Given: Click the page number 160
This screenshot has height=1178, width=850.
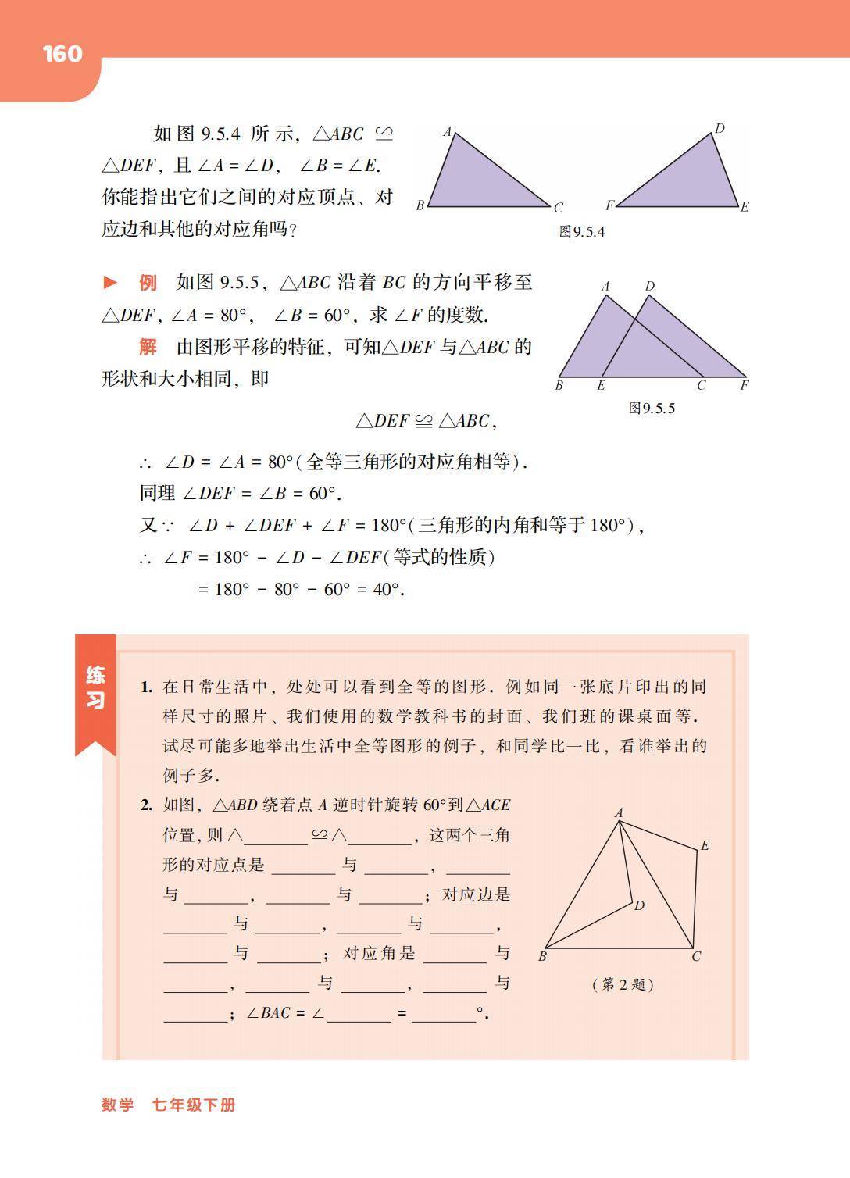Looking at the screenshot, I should pyautogui.click(x=62, y=54).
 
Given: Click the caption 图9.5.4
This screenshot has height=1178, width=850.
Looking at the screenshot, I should pyautogui.click(x=582, y=232).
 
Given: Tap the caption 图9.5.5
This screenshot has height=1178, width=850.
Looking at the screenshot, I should pyautogui.click(x=652, y=409).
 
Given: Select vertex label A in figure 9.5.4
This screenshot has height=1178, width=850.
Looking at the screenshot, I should pyautogui.click(x=448, y=132).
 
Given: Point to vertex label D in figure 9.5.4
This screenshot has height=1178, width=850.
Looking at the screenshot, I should pyautogui.click(x=720, y=129).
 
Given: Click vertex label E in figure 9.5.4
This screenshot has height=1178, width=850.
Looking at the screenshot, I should pyautogui.click(x=745, y=207).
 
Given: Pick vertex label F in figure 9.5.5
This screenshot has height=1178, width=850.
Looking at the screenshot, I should pyautogui.click(x=745, y=385).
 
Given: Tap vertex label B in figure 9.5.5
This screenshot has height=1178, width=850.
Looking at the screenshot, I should pyautogui.click(x=559, y=385).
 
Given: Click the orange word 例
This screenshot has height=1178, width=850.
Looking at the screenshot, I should pyautogui.click(x=148, y=283).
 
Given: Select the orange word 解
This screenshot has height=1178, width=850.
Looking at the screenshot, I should pyautogui.click(x=148, y=347).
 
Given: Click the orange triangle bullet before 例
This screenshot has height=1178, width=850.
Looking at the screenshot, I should pyautogui.click(x=111, y=283).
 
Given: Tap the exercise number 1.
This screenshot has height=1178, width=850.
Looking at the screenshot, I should pyautogui.click(x=146, y=687).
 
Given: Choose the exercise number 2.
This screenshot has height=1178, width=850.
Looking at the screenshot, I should pyautogui.click(x=146, y=805).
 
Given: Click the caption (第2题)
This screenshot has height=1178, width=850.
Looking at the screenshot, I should pyautogui.click(x=623, y=984).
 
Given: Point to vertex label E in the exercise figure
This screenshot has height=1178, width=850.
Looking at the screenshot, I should pyautogui.click(x=705, y=845).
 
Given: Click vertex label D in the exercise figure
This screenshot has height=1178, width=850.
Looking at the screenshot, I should pyautogui.click(x=639, y=906).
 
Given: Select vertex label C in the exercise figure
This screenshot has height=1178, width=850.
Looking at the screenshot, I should pyautogui.click(x=696, y=956).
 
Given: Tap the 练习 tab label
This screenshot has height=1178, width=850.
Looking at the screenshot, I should pyautogui.click(x=95, y=687).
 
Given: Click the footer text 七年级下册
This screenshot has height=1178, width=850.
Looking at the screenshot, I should pyautogui.click(x=194, y=1105).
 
